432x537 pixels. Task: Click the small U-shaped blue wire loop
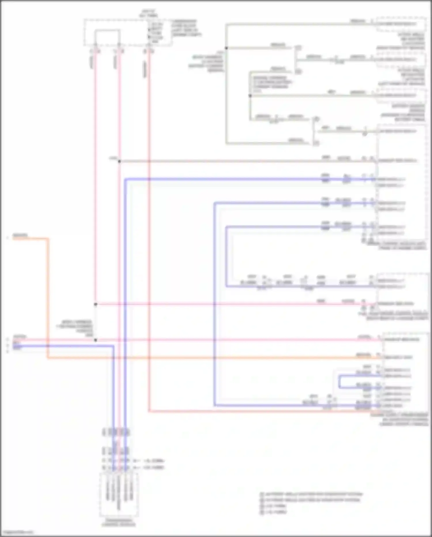pos(339,381)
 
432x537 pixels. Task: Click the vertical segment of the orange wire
pos(48,297)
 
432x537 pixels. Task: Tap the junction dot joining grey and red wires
pos(119,161)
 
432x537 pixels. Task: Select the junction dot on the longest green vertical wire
pos(226,48)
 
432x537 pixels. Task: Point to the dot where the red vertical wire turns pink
pos(96,304)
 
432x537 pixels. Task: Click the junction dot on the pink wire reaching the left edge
pos(96,340)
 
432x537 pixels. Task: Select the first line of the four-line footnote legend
pos(311,494)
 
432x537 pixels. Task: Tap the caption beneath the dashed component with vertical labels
pos(118,523)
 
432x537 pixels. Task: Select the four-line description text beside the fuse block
pos(186,28)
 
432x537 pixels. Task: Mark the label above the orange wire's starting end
pos(20,235)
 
